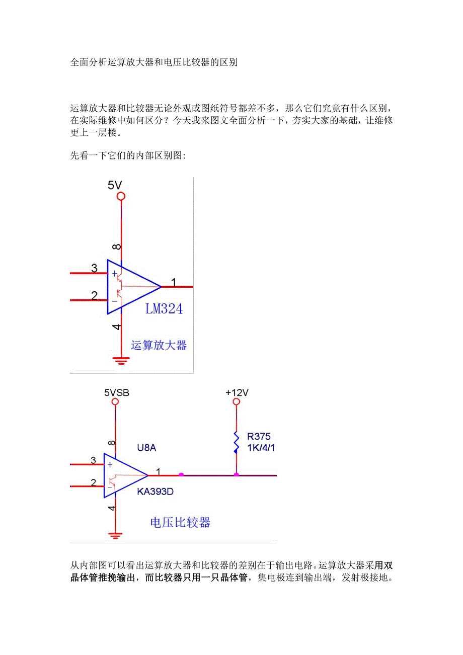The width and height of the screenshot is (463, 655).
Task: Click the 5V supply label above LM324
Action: (x=115, y=186)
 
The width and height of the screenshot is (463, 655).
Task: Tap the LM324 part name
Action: (x=164, y=309)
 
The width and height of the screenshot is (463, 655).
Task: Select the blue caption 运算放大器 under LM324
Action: (x=159, y=345)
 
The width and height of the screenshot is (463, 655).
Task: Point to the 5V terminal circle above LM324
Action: (x=121, y=197)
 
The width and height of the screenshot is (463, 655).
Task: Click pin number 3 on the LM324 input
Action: (x=94, y=268)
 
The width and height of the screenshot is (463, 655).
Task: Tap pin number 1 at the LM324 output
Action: (x=174, y=283)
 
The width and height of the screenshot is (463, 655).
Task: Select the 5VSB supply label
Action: (x=116, y=392)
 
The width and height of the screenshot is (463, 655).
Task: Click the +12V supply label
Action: (x=237, y=392)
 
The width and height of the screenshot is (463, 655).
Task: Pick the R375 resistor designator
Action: (x=259, y=437)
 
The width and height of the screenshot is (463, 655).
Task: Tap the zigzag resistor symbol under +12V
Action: (x=236, y=442)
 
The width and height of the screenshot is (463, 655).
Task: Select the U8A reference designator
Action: (x=147, y=447)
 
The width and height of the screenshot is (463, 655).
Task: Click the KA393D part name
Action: (x=155, y=492)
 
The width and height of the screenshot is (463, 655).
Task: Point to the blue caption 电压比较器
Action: (x=180, y=522)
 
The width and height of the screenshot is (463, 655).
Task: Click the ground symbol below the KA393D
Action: (x=116, y=535)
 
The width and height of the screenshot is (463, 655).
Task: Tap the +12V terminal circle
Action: (x=236, y=402)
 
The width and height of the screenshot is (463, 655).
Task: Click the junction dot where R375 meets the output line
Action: (x=236, y=474)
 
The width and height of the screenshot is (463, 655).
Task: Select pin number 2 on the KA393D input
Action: (x=93, y=482)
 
